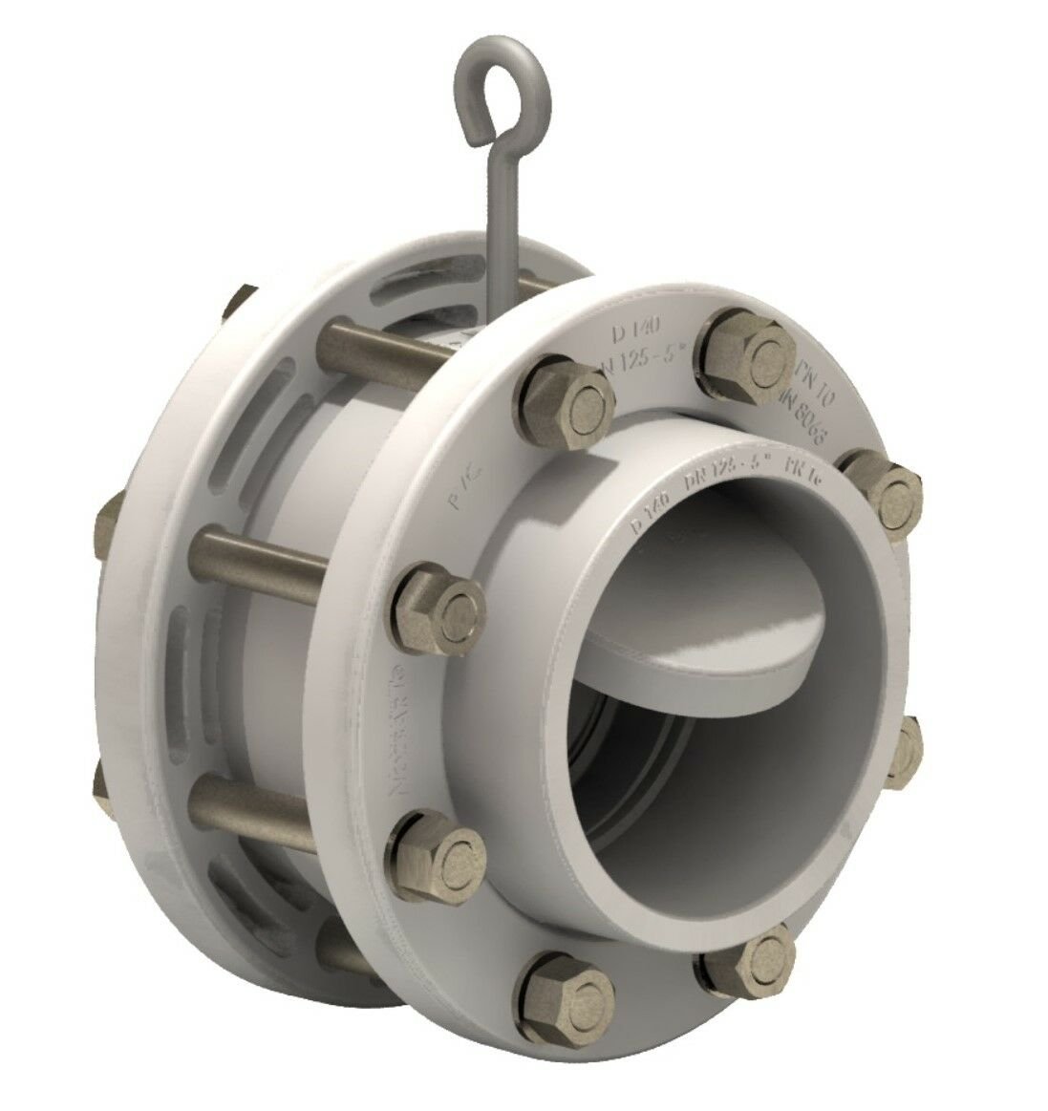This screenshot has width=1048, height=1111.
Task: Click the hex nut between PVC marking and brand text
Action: click(x=440, y=608)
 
